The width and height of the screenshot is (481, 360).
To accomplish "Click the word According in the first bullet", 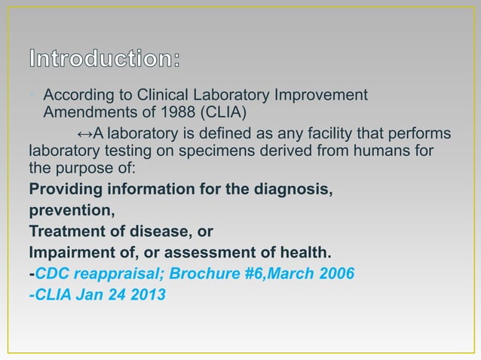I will [x=78, y=96].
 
